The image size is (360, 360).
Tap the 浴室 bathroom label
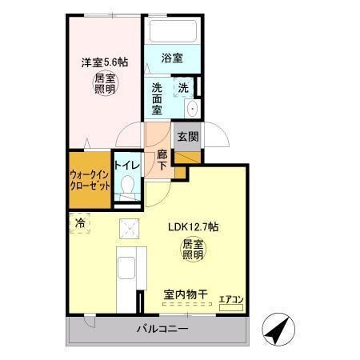172,58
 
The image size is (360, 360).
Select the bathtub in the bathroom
171,34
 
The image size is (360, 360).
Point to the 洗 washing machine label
183,88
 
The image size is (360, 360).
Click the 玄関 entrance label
188,137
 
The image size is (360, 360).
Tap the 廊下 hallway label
162,159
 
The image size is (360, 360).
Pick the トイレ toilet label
127,166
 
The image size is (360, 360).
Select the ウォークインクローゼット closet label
90,178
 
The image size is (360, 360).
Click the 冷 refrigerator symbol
80,223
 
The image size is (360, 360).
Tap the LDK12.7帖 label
194,226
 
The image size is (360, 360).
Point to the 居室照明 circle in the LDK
194,249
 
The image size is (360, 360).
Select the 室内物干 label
186,295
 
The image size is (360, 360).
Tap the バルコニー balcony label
162,329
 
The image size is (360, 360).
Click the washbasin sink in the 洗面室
191,110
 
